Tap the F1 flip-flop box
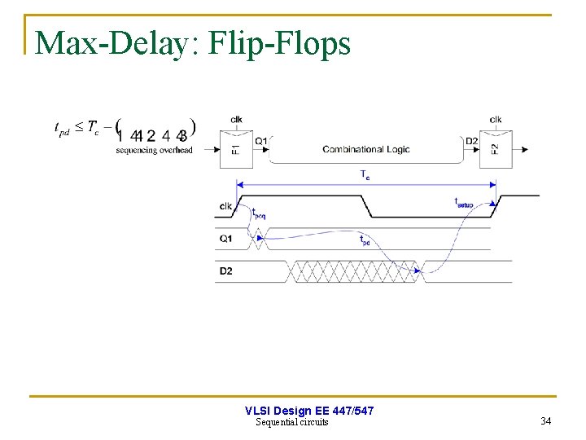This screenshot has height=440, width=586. (235, 149)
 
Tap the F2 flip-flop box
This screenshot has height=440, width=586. (494, 149)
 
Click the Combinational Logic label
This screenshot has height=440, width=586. (365, 149)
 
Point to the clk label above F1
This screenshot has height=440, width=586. (236, 120)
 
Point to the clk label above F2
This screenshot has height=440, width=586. (496, 120)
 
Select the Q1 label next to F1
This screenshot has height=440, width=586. (260, 141)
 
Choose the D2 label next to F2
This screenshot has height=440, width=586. (471, 141)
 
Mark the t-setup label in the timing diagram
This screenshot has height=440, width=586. (463, 203)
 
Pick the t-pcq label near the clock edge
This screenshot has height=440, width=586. (258, 213)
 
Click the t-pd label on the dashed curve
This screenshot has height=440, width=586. (365, 241)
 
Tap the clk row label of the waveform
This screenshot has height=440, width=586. (225, 205)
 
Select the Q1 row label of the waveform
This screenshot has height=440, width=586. (225, 239)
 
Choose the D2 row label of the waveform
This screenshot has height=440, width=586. (225, 271)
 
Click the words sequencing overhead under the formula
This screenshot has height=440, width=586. (154, 150)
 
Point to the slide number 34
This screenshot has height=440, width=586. (545, 420)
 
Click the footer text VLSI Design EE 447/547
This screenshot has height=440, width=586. (309, 411)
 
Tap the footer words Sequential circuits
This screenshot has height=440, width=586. (292, 422)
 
